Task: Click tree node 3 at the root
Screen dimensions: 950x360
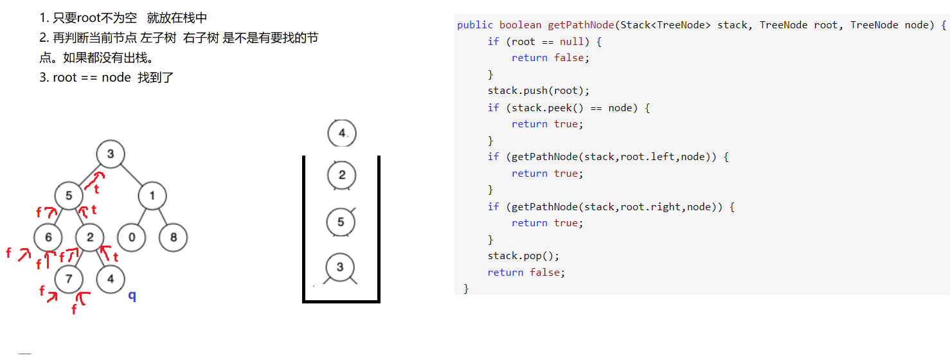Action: [x=111, y=154]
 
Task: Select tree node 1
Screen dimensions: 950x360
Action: [x=152, y=196]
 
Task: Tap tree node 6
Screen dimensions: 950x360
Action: [x=48, y=238]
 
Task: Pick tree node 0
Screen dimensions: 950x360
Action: [x=132, y=238]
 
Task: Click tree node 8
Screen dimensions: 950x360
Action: [x=173, y=238]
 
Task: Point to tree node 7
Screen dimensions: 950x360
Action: [x=69, y=279]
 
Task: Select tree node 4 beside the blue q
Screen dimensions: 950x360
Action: [x=111, y=279]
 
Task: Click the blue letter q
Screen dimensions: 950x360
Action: [x=132, y=296]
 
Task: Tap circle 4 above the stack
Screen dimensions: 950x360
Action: [x=341, y=134]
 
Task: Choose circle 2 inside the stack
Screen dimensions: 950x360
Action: [x=341, y=175]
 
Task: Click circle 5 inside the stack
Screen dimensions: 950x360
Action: [x=341, y=222]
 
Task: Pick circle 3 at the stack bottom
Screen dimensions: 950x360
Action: [x=340, y=267]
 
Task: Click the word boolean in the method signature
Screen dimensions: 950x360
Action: [x=521, y=25]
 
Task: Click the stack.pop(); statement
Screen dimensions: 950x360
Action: [x=523, y=256]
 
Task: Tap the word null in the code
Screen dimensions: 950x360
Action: [x=568, y=42]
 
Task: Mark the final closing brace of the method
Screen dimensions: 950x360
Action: [x=466, y=289]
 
